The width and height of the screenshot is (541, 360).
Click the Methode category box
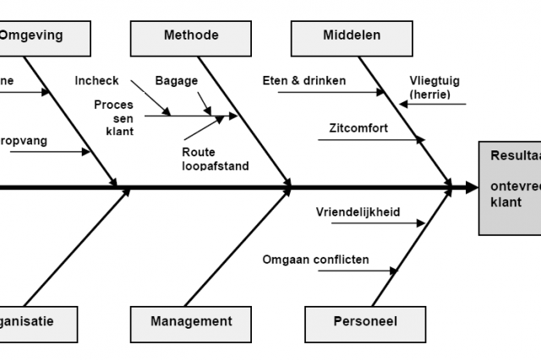tap(190, 35)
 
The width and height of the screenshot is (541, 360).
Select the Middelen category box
tap(351, 35)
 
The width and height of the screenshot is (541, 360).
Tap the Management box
tap(191, 321)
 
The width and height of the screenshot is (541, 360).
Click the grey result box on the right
tap(510, 187)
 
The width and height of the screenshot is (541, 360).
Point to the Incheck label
tap(96, 81)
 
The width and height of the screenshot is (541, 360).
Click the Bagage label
tap(176, 81)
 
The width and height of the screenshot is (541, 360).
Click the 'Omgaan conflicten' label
tap(314, 259)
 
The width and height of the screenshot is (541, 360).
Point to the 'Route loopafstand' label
tap(215, 159)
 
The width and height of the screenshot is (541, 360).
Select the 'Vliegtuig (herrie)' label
tap(436, 89)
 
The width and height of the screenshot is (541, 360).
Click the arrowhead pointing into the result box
tap(471, 187)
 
